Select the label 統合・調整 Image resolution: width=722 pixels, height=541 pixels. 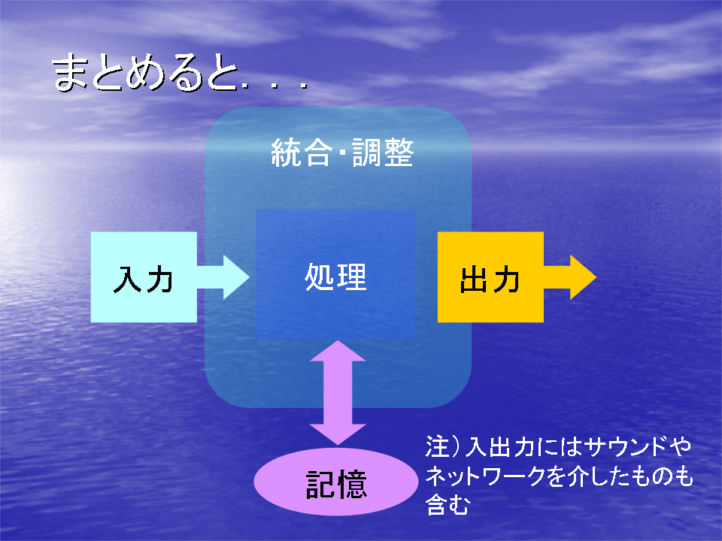coord(342,153)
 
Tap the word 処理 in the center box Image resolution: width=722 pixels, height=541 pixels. coord(335,277)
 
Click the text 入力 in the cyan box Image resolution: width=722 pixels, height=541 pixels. coord(143,279)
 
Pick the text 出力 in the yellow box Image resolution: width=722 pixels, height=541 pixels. coord(490,279)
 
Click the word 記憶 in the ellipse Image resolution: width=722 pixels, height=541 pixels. coord(336,484)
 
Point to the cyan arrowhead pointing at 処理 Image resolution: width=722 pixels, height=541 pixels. coord(236,277)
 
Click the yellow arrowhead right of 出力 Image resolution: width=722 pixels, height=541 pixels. coord(583,277)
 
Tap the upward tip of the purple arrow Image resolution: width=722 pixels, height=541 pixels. coord(338,341)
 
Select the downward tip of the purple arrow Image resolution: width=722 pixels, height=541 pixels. coord(338,444)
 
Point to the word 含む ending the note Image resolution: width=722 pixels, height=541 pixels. coord(447,504)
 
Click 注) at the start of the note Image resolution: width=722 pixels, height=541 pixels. coord(442,446)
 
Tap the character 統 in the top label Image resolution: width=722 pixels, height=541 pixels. coord(286,153)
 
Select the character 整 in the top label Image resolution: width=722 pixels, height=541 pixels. coord(399,153)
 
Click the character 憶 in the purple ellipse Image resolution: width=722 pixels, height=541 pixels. coord(352,484)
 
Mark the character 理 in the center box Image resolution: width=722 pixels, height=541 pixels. coord(352,277)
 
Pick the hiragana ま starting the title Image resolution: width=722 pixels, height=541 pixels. coord(70,72)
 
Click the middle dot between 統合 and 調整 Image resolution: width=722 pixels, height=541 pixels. coord(342,153)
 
